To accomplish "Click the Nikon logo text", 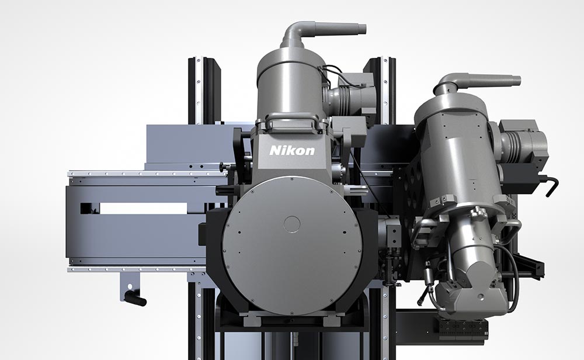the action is click(x=292, y=150).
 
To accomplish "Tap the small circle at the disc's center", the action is click(x=292, y=224).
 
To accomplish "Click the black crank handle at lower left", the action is click(x=135, y=298).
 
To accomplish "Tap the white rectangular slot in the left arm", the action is click(x=144, y=209).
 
